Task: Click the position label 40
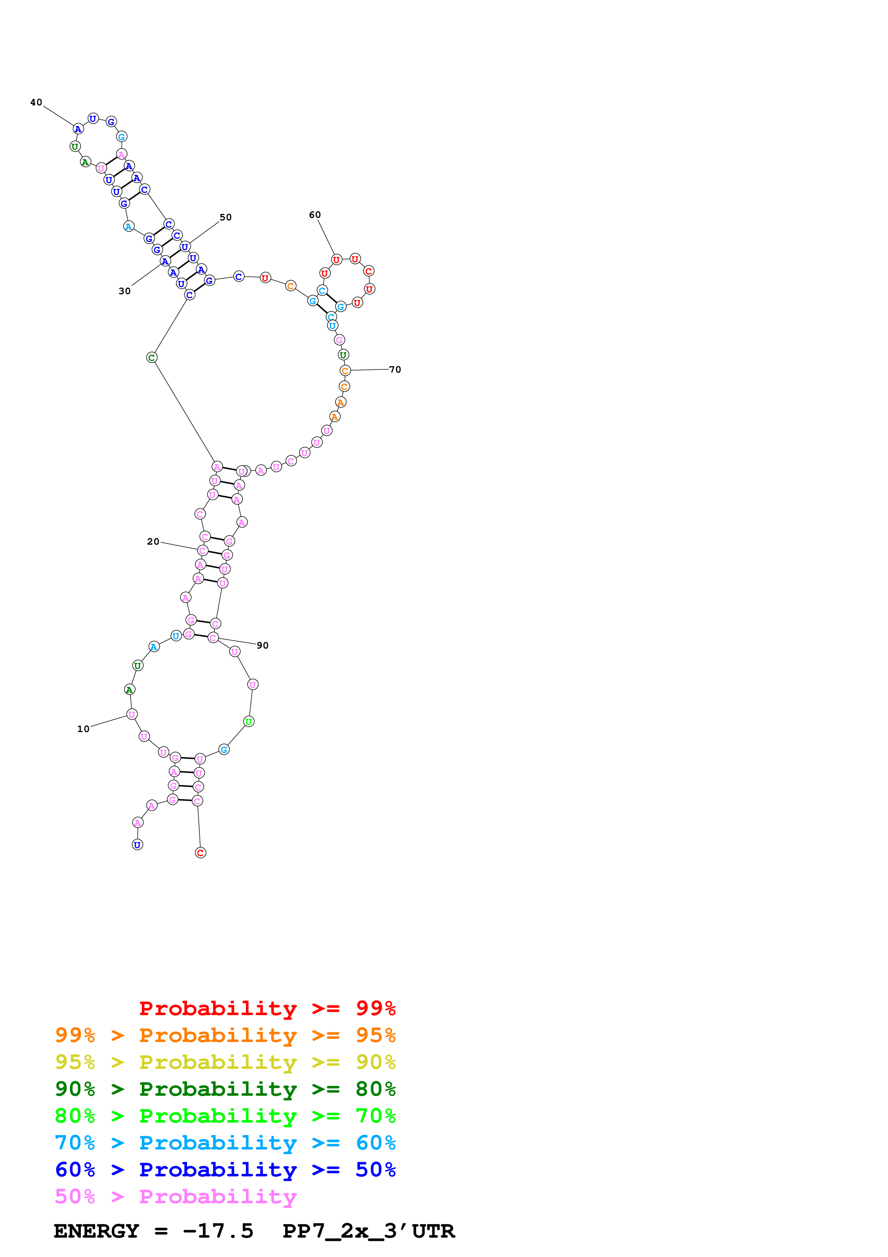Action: [36, 102]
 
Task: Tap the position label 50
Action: [225, 218]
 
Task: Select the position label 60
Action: [315, 215]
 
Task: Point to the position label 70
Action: [395, 369]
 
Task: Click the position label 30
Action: [125, 291]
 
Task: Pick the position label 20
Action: [153, 541]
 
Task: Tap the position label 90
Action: [263, 645]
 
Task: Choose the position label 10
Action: [83, 729]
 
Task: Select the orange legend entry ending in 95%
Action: [225, 1035]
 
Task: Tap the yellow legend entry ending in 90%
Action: [225, 1062]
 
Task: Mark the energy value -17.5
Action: [218, 1231]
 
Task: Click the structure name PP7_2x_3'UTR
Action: [368, 1231]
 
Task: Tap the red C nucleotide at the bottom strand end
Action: [200, 852]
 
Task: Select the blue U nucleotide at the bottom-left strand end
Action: [137, 845]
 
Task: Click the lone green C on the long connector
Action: [152, 358]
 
